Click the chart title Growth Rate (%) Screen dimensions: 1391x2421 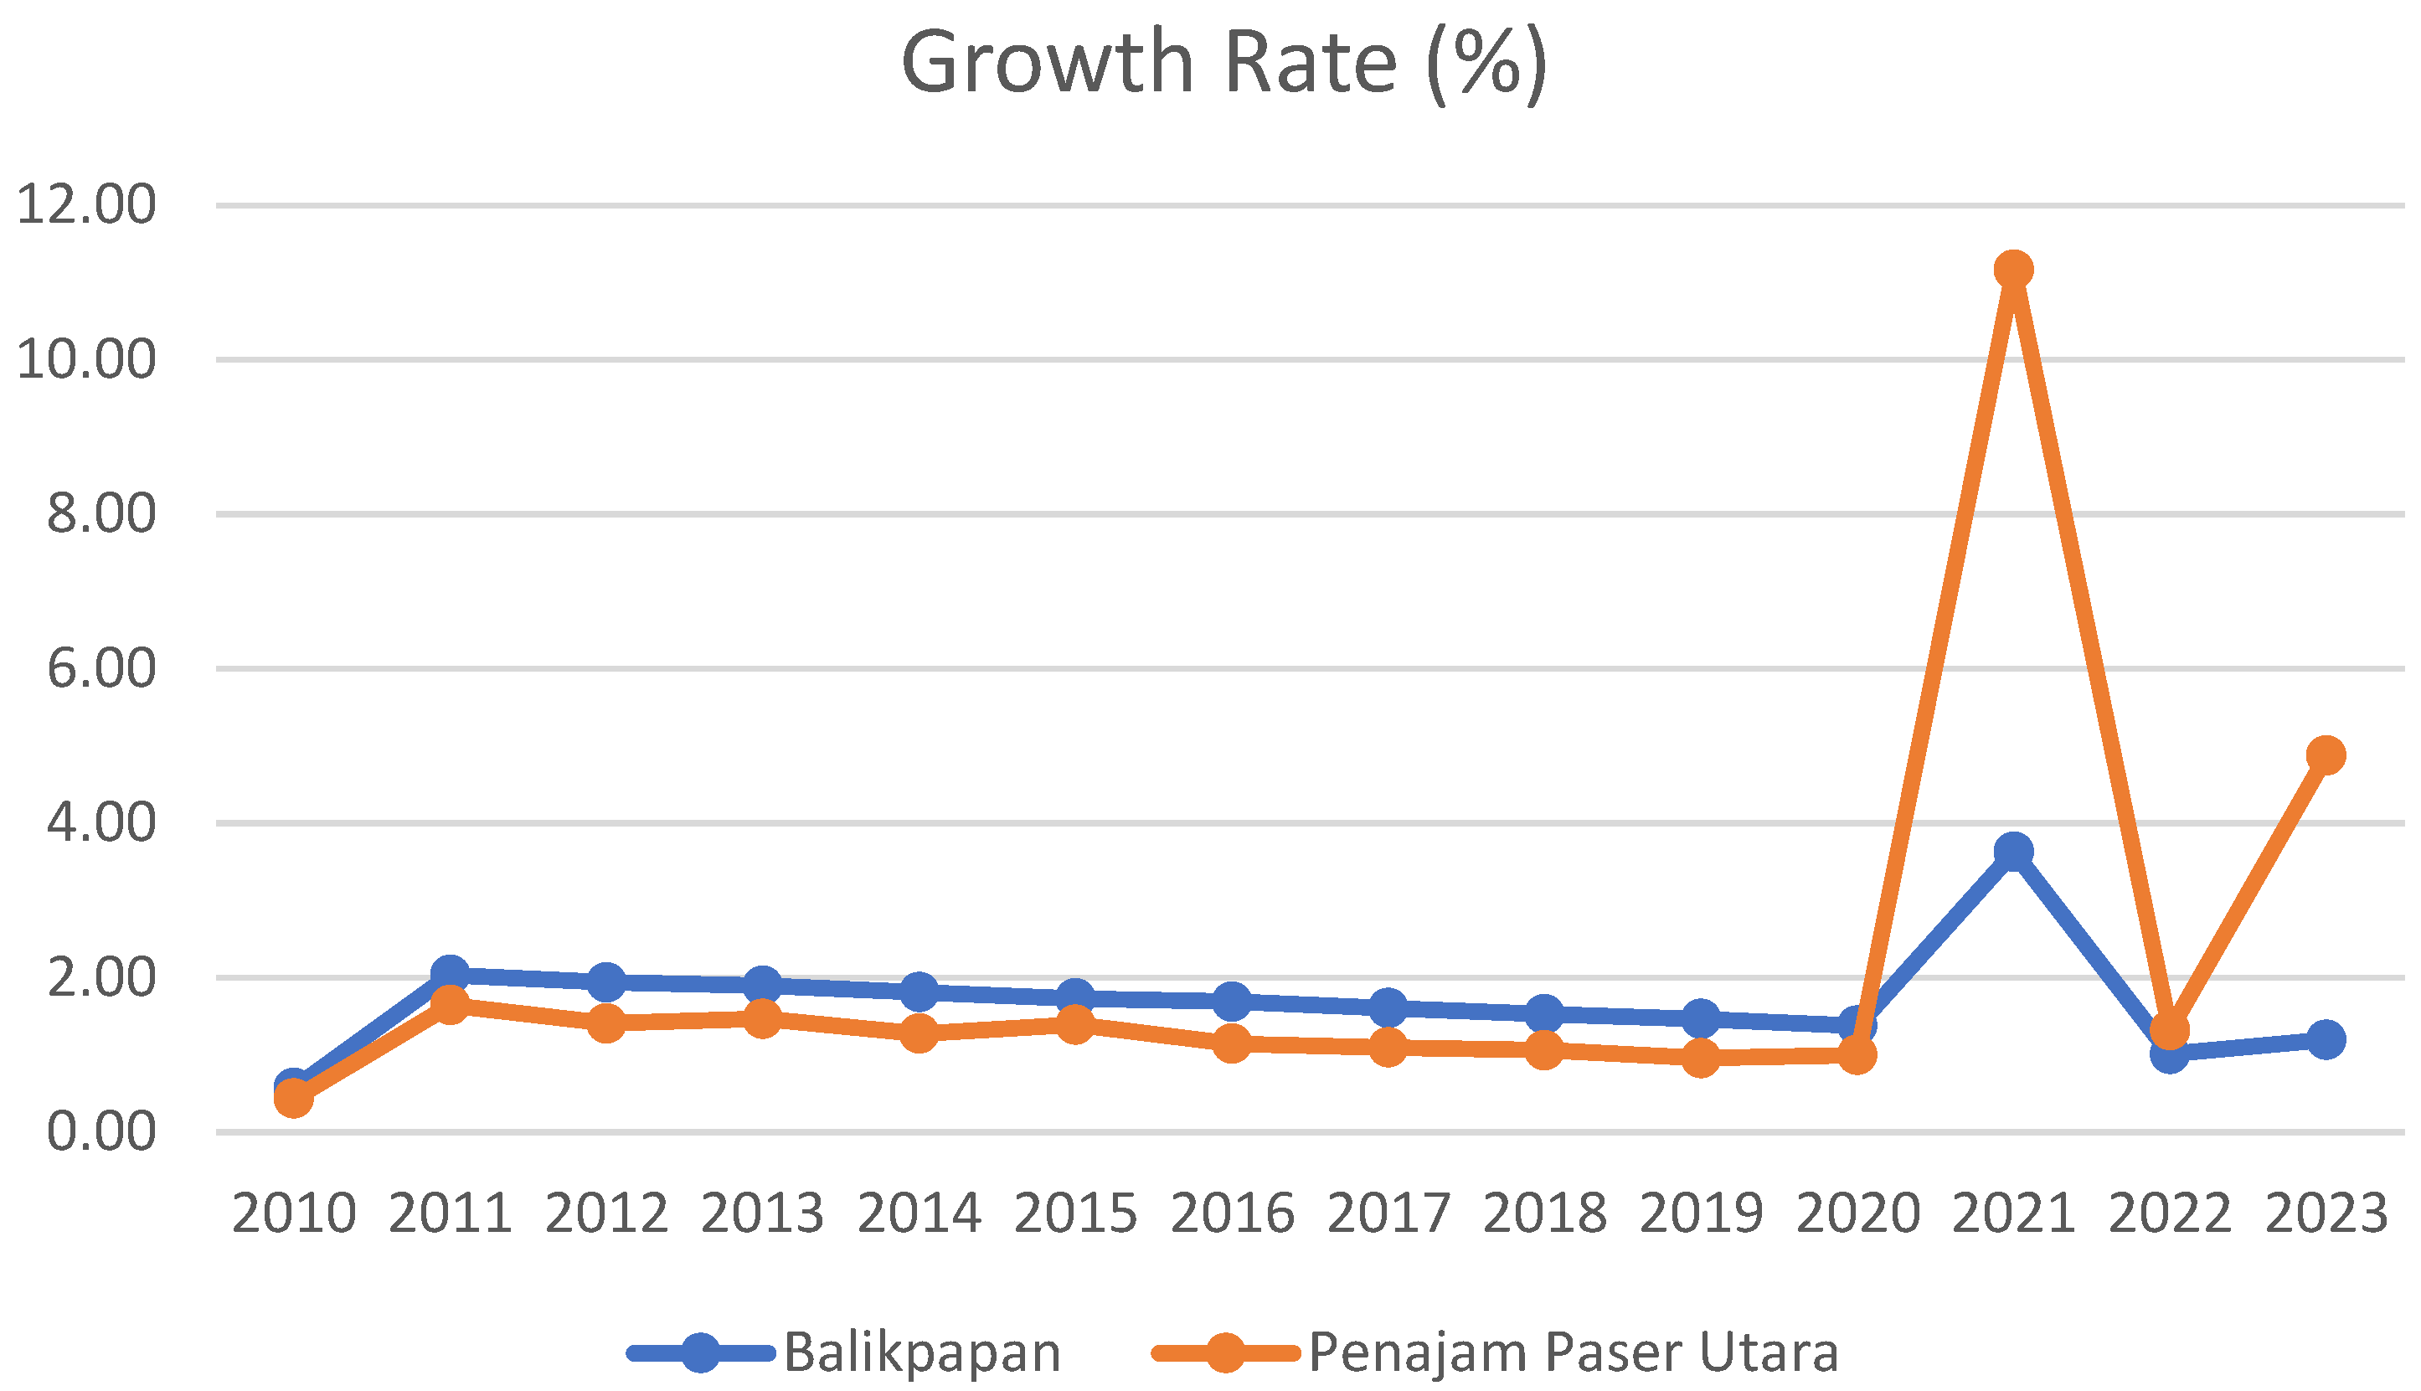pos(1223,63)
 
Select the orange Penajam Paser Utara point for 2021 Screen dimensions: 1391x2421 pos(2013,270)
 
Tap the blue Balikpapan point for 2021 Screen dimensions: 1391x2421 pos(2013,850)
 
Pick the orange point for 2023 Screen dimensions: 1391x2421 pos(2326,755)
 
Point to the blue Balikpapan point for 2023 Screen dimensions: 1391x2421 pos(2326,1038)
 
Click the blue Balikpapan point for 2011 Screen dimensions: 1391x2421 pos(450,975)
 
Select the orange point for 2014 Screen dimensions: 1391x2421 pos(919,1033)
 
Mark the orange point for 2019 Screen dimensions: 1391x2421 pos(1700,1058)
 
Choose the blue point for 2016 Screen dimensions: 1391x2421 pos(1232,1002)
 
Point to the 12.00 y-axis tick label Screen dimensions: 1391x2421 pos(86,205)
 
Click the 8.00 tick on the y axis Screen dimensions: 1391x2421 pos(101,514)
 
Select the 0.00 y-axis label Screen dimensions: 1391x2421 pos(101,1132)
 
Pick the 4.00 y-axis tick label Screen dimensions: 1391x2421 pos(101,822)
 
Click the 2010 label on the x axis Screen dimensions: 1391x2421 pos(294,1214)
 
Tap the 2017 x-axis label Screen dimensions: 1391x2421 pos(1388,1214)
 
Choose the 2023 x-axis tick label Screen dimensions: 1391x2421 pos(2326,1214)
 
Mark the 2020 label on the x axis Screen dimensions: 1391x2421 pos(1857,1214)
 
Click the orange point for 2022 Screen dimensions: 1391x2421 pos(2170,1030)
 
